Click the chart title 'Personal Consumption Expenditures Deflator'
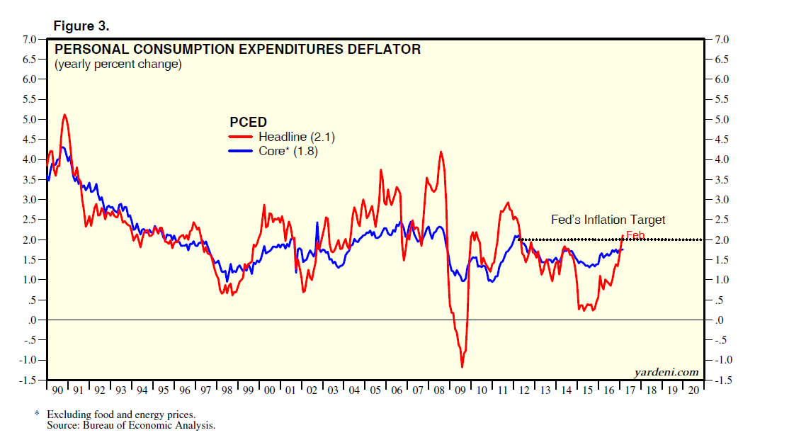click(237, 50)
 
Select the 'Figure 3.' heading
click(81, 27)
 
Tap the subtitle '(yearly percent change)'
click(118, 64)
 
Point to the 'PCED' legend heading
click(248, 122)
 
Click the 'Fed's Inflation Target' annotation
click(608, 220)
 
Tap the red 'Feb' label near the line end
click(635, 235)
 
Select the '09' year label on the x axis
click(461, 390)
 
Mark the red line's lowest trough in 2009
click(462, 366)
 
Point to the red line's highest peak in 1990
click(64, 114)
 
